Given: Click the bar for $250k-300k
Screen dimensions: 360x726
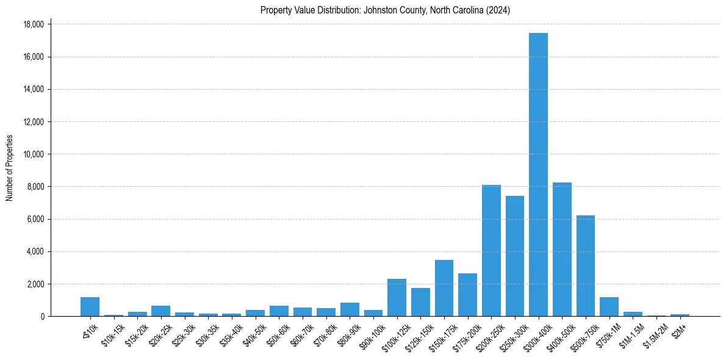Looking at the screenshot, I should [514, 256].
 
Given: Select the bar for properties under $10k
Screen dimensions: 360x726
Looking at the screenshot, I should [90, 306].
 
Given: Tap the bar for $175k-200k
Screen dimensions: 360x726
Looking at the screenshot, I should [467, 295].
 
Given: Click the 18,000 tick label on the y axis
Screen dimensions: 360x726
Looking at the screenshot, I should [34, 24].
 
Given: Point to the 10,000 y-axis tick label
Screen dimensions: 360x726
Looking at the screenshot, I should [34, 154].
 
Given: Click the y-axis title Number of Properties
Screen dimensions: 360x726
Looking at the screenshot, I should [10, 168].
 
